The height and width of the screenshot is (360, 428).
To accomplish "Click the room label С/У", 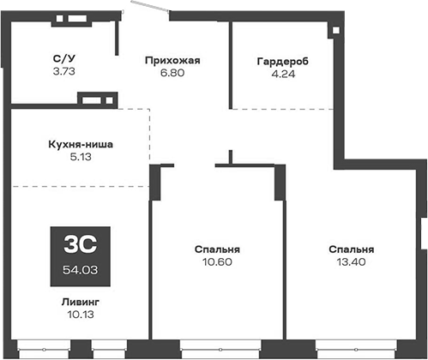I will click(x=63, y=59).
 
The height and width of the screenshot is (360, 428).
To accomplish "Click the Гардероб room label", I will click(x=280, y=61).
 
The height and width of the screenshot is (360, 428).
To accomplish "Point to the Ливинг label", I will click(x=80, y=302).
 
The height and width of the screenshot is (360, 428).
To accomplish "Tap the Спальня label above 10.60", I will click(x=216, y=249).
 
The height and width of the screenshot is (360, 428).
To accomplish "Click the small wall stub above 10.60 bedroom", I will click(x=230, y=156).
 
